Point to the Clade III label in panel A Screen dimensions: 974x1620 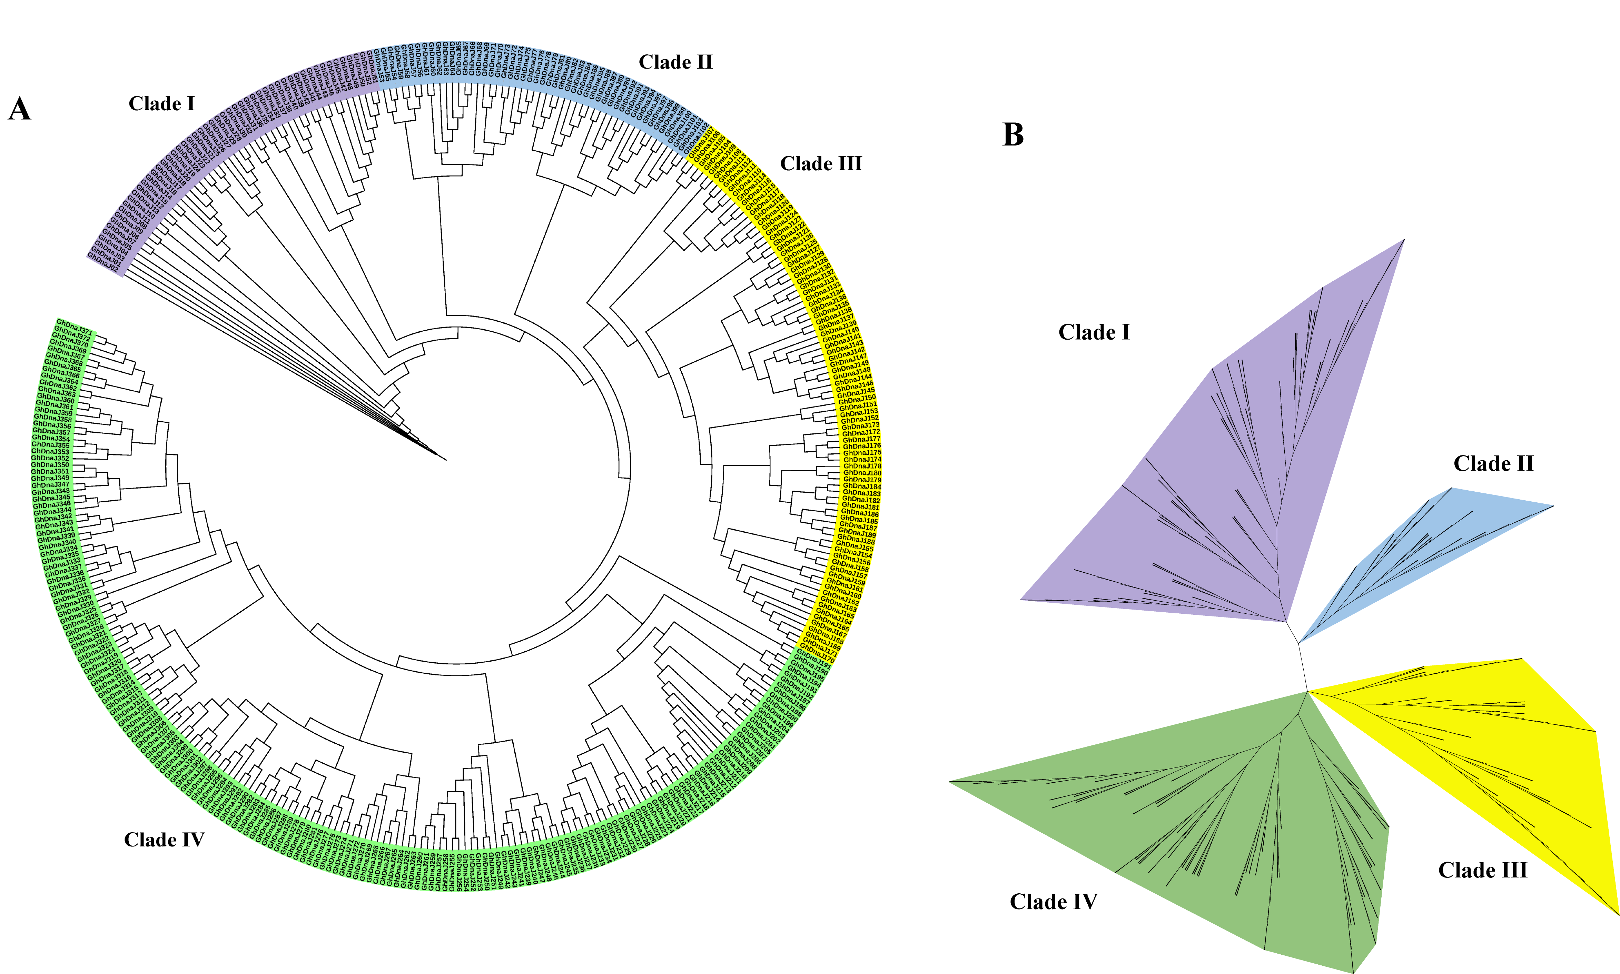820,163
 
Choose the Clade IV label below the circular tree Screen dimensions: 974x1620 164,840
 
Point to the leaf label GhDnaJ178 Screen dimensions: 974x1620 861,466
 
